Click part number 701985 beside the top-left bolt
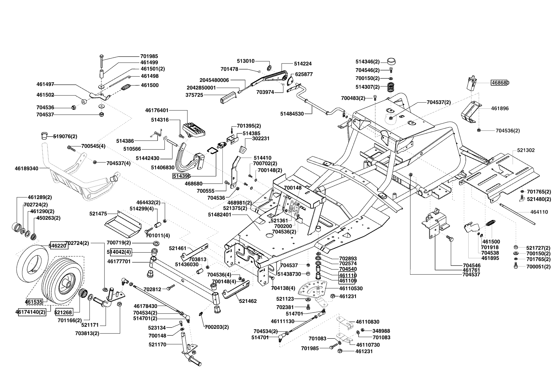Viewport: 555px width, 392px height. pyautogui.click(x=149, y=56)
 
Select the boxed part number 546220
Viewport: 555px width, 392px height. pyautogui.click(x=58, y=245)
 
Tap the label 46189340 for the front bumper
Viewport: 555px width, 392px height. pyautogui.click(x=26, y=168)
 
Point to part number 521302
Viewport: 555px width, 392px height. pyautogui.click(x=526, y=150)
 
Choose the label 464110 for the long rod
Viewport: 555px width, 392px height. pyautogui.click(x=539, y=212)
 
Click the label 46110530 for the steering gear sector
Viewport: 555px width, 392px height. pyautogui.click(x=351, y=289)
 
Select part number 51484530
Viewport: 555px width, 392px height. pyautogui.click(x=292, y=114)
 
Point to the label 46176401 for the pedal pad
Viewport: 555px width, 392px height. pyautogui.click(x=157, y=110)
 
